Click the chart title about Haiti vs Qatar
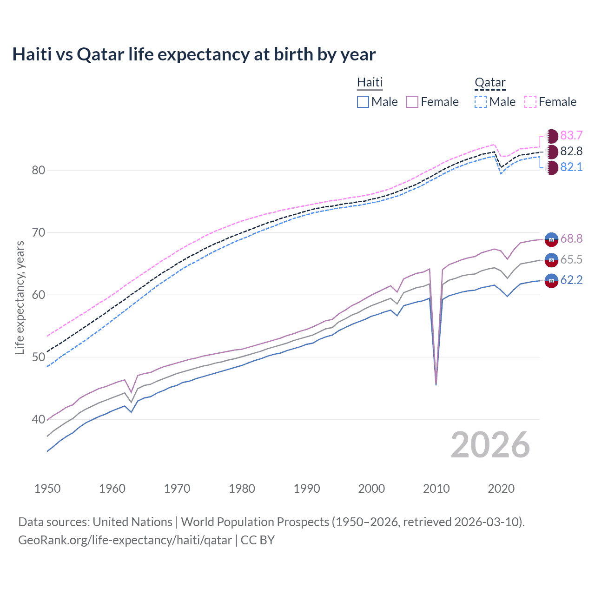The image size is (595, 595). (x=194, y=54)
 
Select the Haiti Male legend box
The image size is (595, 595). (x=363, y=102)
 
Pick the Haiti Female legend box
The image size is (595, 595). (x=413, y=102)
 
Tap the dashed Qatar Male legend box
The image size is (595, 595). (x=481, y=102)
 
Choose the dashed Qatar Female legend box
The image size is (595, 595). (x=530, y=102)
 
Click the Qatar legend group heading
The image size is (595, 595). (x=490, y=83)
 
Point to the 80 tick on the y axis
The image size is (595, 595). (x=39, y=170)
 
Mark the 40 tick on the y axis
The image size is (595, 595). (x=39, y=419)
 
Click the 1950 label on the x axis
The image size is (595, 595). (x=47, y=489)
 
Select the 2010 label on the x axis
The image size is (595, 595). (x=436, y=489)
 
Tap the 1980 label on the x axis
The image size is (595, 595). (x=242, y=489)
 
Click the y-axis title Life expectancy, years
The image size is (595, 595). (x=20, y=297)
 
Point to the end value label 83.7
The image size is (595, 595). (x=571, y=135)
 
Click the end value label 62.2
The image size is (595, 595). (x=571, y=280)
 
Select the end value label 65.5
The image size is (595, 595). (x=571, y=259)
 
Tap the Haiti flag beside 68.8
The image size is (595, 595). (x=551, y=239)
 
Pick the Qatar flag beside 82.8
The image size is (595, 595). (x=552, y=152)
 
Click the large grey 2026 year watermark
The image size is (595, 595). (x=490, y=445)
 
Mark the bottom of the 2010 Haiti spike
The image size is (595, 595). (x=436, y=384)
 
